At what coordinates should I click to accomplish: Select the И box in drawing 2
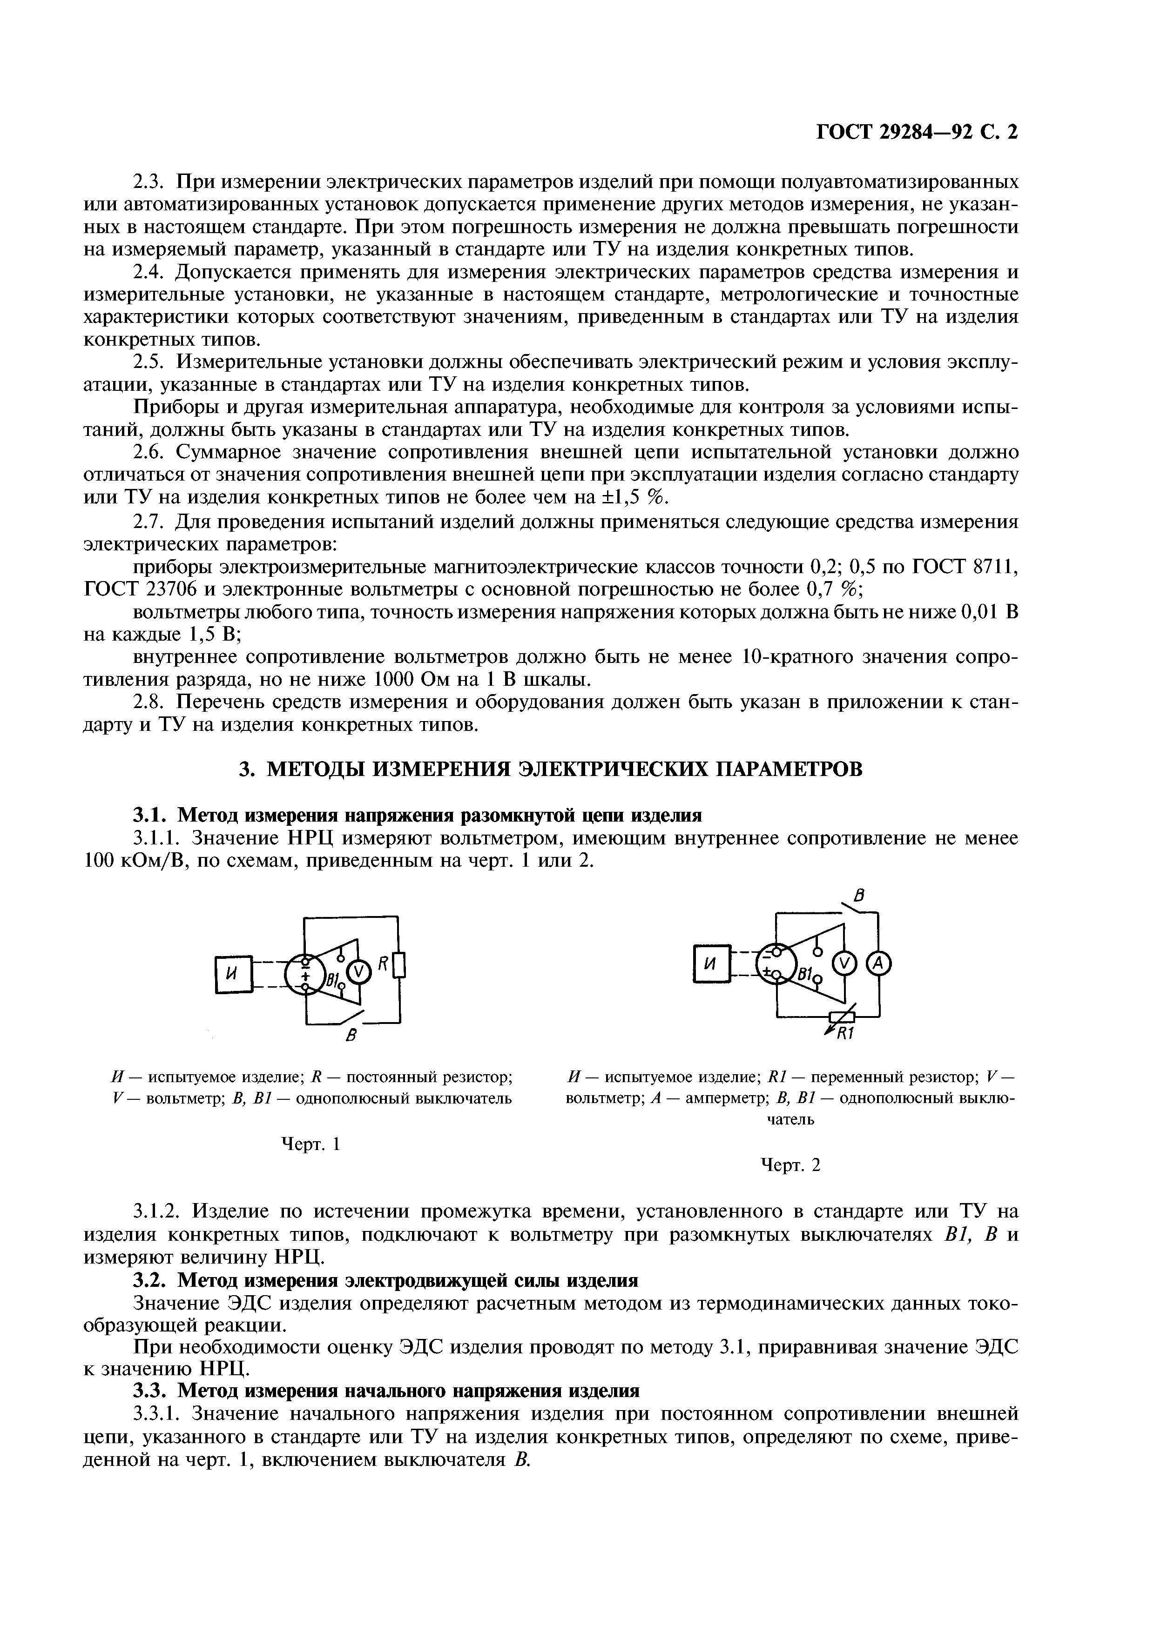point(711,964)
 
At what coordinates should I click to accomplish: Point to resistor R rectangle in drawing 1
point(399,966)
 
